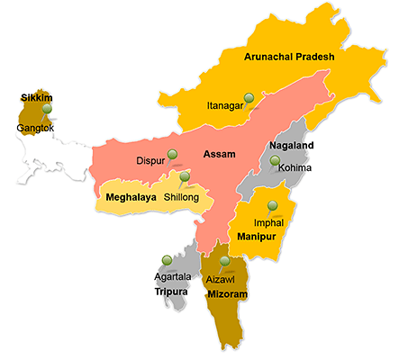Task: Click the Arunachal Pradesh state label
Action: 289,57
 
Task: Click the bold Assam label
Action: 219,154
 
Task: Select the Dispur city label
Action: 151,162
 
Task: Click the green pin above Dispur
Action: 171,153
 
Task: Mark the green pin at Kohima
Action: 275,161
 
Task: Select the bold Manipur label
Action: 260,237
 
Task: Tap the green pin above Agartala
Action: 166,261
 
